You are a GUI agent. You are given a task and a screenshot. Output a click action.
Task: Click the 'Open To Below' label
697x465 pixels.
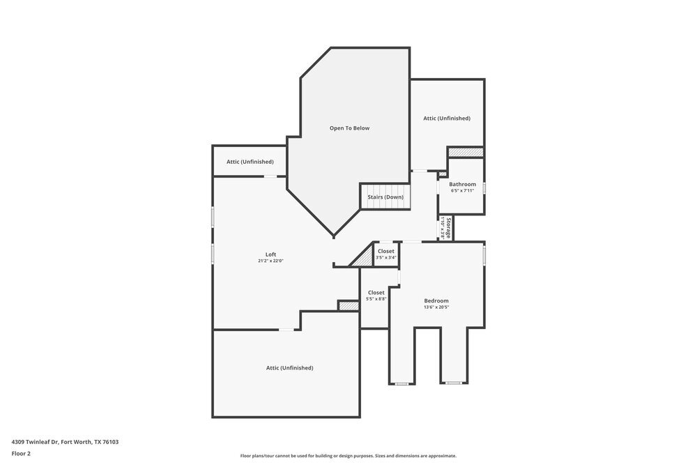349,128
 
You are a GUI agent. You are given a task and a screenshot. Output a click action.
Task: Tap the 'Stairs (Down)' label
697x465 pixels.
385,197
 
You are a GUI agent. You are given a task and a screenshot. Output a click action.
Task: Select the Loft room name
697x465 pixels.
270,254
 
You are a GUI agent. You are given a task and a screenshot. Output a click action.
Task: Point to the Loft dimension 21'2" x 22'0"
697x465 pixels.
270,261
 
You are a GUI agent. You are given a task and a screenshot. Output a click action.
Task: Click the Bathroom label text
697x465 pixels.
462,184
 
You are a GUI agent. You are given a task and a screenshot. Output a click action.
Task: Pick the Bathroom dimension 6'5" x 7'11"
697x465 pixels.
462,190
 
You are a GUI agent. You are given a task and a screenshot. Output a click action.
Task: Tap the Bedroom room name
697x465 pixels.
436,300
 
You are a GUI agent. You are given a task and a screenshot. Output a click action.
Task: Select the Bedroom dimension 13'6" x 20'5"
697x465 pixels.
436,307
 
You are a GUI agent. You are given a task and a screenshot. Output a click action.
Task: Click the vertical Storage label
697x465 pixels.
448,229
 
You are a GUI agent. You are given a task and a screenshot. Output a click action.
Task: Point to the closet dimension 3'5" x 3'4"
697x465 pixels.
385,258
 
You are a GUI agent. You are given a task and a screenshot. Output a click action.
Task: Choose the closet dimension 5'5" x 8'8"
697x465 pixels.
376,299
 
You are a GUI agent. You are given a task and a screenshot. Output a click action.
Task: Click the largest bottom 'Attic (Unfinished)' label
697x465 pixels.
289,368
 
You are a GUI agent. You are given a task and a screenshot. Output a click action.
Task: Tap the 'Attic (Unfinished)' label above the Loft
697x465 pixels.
250,162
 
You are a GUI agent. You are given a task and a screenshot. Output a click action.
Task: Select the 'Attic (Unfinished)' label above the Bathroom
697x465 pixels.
447,119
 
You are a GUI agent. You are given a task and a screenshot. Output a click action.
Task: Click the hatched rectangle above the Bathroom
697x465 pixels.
465,152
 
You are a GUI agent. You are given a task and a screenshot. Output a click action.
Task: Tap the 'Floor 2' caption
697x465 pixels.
21,453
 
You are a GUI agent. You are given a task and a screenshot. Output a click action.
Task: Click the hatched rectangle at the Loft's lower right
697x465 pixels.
348,305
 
